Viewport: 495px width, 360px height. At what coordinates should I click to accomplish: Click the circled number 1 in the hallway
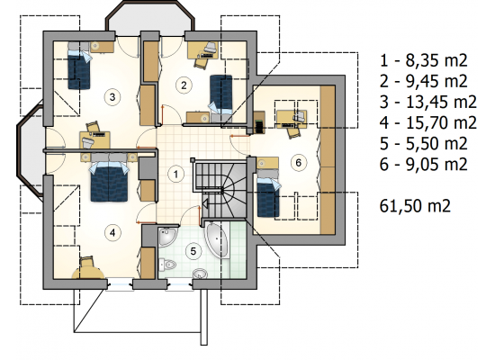pyautogui.click(x=175, y=174)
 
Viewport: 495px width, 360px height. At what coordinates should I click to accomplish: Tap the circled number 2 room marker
pyautogui.click(x=184, y=85)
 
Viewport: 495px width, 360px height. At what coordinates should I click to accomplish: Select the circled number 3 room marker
pyautogui.click(x=112, y=97)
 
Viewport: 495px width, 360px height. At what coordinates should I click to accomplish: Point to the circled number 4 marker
pyautogui.click(x=112, y=233)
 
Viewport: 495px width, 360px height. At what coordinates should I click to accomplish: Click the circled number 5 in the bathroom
pyautogui.click(x=193, y=251)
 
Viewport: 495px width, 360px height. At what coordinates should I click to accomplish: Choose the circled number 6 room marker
pyautogui.click(x=298, y=163)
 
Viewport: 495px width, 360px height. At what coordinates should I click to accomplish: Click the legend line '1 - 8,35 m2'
pyautogui.click(x=423, y=60)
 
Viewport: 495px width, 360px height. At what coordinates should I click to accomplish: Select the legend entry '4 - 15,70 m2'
pyautogui.click(x=428, y=122)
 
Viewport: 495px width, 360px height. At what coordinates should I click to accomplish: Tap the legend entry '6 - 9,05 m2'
pyautogui.click(x=423, y=165)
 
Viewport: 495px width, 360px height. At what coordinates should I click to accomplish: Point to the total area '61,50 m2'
pyautogui.click(x=415, y=206)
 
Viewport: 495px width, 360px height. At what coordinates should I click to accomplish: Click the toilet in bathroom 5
pyautogui.click(x=166, y=265)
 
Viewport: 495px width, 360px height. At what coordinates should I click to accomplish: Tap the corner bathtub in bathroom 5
pyautogui.click(x=217, y=239)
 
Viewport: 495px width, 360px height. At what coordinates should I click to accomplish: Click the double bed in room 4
pyautogui.click(x=109, y=178)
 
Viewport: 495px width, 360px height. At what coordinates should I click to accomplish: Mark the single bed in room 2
pyautogui.click(x=220, y=94)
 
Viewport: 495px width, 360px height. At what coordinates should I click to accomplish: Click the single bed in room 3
pyautogui.click(x=79, y=66)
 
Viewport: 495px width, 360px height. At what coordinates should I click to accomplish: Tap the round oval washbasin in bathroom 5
pyautogui.click(x=200, y=274)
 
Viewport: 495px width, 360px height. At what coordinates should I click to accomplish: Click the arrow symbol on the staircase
pyautogui.click(x=204, y=204)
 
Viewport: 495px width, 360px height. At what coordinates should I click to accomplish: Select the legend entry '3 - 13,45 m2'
pyautogui.click(x=428, y=103)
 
